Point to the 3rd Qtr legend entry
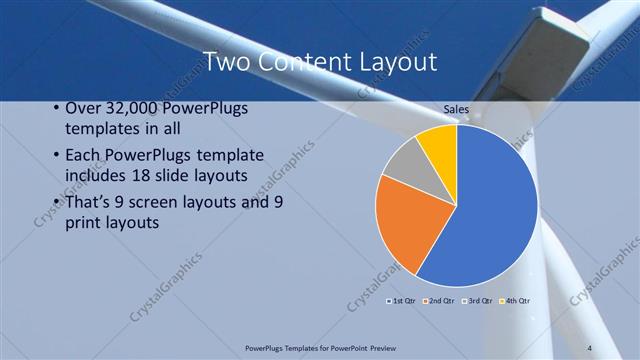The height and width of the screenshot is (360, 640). pos(477,300)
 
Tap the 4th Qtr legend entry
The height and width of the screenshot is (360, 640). pos(515,300)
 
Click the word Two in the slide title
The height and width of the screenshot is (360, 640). pos(226,62)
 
